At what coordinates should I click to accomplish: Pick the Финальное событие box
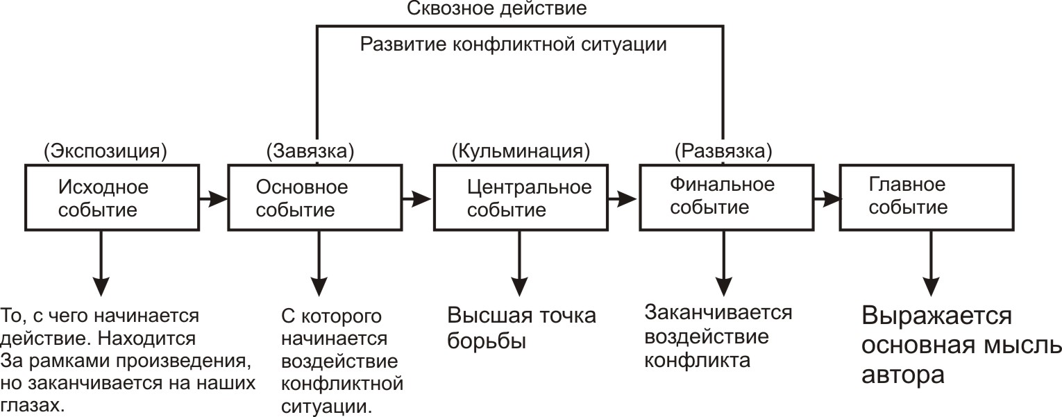click(723, 197)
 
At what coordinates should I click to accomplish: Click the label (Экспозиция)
click(105, 151)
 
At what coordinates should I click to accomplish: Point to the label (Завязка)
click(310, 151)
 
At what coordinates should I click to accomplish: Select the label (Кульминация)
click(521, 151)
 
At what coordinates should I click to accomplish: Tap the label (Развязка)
click(724, 151)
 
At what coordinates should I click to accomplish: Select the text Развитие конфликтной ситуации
click(514, 45)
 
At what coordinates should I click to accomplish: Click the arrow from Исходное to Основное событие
click(213, 198)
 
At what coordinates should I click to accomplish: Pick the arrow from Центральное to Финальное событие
click(622, 198)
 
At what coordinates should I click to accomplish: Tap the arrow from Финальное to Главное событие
click(827, 198)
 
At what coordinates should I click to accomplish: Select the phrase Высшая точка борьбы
click(521, 328)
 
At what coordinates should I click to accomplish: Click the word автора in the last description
click(903, 375)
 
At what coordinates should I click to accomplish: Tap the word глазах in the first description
click(33, 405)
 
